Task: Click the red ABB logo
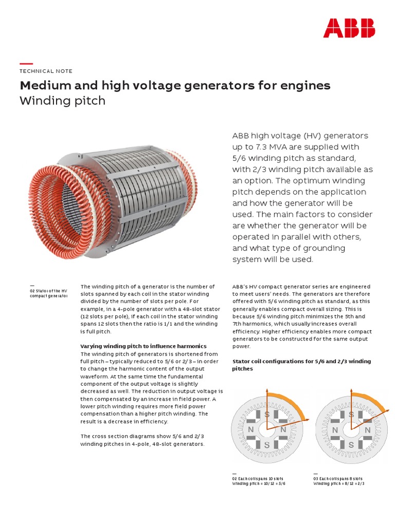349,28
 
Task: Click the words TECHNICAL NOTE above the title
46,71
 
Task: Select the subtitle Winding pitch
62,101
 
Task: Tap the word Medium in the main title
43,85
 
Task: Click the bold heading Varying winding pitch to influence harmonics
143,346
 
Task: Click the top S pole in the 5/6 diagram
266,414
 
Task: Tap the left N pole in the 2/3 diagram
335,429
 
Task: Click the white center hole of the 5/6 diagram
267,429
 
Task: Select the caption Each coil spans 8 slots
338,478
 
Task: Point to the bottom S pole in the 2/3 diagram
351,445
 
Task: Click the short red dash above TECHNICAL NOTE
26,63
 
